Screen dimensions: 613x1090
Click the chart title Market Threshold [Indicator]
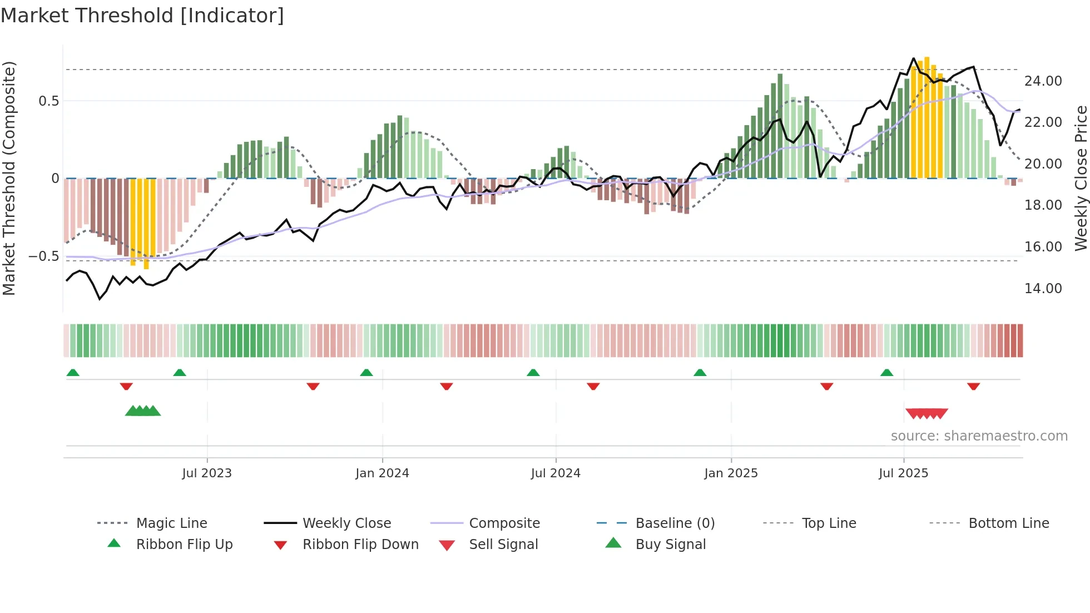142,16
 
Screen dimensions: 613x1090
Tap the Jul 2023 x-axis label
207,473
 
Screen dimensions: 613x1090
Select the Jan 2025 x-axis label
731,473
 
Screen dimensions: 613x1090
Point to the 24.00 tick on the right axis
1043,81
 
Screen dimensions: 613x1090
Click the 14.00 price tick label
1043,289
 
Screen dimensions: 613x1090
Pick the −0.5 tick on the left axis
43,256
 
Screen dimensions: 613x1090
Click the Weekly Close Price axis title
1081,178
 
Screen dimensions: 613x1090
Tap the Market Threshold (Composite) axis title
9,178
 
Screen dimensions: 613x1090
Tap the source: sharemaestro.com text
979,436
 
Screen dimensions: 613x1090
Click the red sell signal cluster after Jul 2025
926,413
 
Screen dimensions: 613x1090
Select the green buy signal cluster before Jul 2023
143,411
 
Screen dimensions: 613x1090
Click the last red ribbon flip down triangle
973,386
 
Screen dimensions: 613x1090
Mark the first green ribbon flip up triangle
73,373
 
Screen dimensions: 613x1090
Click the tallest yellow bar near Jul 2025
926,117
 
